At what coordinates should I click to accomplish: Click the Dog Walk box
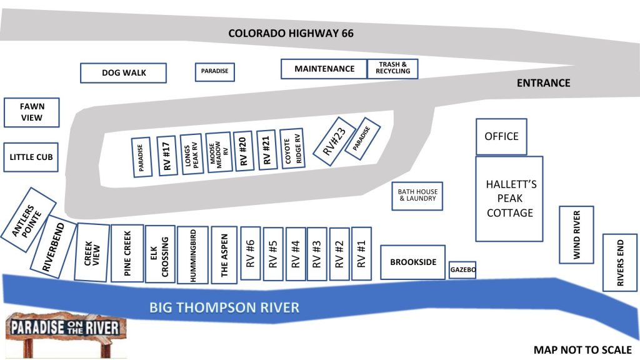click(123, 73)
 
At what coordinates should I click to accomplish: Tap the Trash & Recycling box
click(392, 69)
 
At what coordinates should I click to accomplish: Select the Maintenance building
click(324, 69)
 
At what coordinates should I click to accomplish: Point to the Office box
click(501, 137)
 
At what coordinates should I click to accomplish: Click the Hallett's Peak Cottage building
click(509, 199)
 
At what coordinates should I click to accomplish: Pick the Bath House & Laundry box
click(417, 196)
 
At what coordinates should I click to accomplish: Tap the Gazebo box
click(462, 270)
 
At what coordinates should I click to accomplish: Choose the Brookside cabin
click(412, 262)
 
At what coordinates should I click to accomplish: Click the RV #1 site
click(361, 254)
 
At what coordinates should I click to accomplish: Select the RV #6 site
click(251, 253)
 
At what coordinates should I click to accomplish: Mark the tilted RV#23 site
click(334, 141)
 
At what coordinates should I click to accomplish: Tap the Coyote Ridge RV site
click(292, 149)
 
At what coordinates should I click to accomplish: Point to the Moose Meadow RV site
click(219, 152)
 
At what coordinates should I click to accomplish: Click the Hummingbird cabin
click(193, 255)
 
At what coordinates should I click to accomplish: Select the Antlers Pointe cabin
click(28, 220)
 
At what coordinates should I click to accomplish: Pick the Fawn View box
click(31, 112)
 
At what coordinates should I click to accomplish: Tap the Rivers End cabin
click(620, 262)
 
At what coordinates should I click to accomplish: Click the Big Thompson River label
click(224, 307)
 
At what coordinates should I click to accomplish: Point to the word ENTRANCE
click(543, 83)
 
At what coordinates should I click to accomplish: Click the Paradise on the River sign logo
click(66, 334)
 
